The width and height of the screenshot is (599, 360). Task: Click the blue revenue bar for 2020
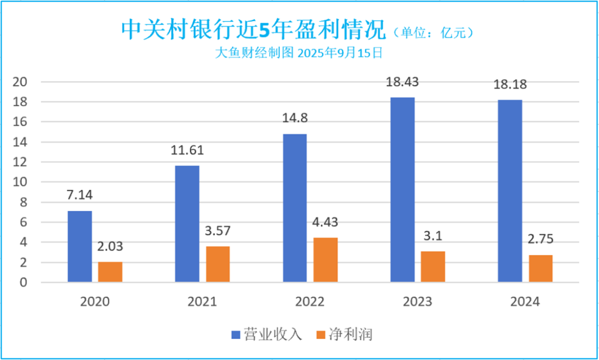point(80,247)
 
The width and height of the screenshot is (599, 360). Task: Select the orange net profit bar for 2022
point(326,260)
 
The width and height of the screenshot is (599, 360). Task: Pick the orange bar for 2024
point(540,269)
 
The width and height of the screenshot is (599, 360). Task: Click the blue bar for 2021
point(187,224)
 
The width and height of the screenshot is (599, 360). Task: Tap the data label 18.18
point(510,85)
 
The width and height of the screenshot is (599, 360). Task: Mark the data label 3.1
point(433,236)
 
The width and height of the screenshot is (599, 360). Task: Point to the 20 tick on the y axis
point(20,82)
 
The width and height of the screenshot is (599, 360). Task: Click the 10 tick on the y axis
point(20,182)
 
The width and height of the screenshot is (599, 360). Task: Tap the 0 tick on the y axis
point(23,283)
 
